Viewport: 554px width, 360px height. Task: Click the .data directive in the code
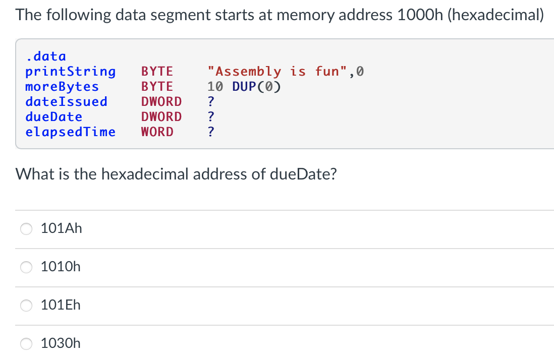coord(45,56)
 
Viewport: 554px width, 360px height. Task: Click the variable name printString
coord(70,72)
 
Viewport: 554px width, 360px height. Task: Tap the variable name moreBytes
coord(62,86)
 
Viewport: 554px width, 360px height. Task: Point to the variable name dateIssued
coord(66,101)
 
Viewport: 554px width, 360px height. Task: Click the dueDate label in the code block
coord(53,116)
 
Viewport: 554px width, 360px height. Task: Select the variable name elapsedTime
coord(70,132)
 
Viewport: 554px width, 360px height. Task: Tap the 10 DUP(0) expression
coord(244,86)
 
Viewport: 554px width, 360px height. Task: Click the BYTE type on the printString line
coord(157,72)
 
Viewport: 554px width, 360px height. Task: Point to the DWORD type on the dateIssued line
coord(161,101)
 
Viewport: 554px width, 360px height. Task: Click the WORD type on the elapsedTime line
coord(157,132)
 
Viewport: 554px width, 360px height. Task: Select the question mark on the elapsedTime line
coord(211,132)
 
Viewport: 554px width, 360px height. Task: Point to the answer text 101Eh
coord(61,305)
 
